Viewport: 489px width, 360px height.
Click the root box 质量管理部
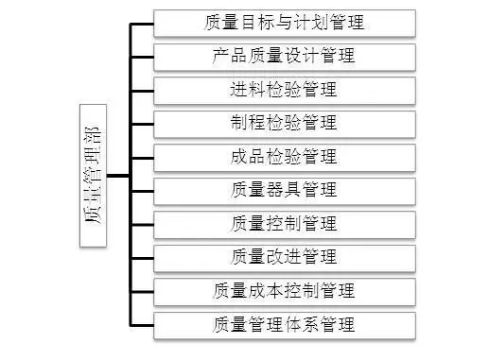coord(94,175)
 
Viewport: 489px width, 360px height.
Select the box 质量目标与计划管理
coord(284,22)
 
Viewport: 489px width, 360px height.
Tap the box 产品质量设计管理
coord(284,56)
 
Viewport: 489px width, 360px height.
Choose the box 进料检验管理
coord(284,90)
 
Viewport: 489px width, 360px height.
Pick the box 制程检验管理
coord(284,123)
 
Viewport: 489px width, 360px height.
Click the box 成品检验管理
coord(284,157)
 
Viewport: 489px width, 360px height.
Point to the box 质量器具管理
coord(284,191)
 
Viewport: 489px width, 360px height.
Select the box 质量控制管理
coord(284,224)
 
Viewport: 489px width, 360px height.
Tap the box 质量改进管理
coord(284,258)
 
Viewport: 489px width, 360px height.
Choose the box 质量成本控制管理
coord(284,291)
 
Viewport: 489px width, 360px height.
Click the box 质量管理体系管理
coord(284,325)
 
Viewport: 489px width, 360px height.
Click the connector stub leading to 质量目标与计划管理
coord(142,23)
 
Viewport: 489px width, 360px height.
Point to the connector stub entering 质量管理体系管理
coord(142,326)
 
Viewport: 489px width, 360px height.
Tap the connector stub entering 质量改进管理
coord(142,258)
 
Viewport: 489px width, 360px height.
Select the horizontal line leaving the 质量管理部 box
coord(118,175)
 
